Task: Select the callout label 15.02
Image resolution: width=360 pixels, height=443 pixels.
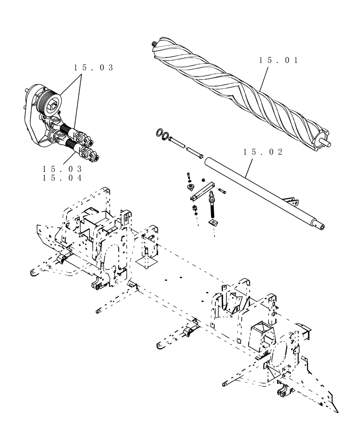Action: [263, 152]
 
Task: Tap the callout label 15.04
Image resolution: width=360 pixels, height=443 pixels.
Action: [63, 178]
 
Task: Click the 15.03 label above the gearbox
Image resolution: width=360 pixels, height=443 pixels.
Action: [94, 68]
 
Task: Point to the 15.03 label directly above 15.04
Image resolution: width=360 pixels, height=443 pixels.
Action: [63, 169]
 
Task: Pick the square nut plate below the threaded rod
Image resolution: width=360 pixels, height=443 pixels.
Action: [214, 221]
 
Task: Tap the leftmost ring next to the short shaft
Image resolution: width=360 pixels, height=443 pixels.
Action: [159, 133]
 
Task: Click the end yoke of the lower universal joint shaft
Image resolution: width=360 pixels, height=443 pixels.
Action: [93, 157]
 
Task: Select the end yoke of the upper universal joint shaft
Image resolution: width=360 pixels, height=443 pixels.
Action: [88, 142]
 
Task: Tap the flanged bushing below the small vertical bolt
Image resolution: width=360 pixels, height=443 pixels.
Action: [192, 188]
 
